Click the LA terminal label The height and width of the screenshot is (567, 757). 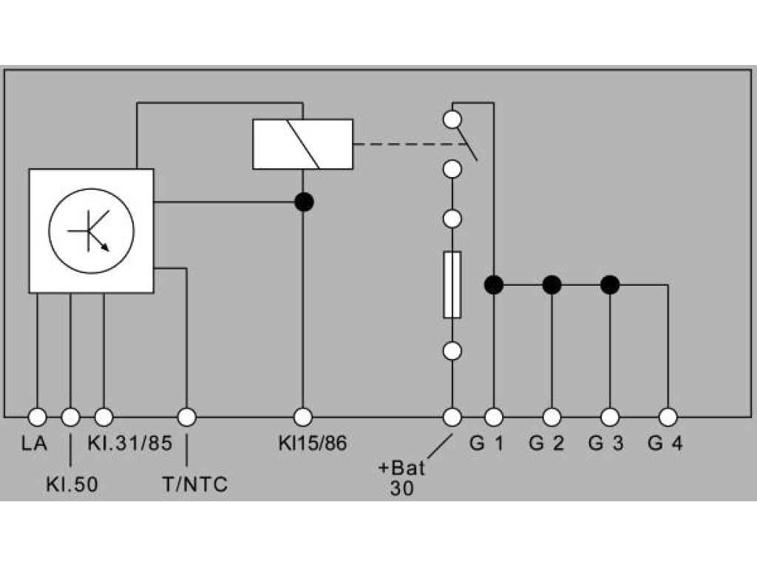coord(34,443)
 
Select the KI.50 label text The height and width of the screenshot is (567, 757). coord(72,484)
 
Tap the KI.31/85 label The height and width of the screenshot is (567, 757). coord(130,443)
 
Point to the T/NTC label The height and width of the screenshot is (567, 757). coord(195,484)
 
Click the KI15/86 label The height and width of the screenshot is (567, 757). coord(313,443)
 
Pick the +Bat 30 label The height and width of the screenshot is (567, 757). coord(401,478)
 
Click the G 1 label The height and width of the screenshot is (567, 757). coord(486,443)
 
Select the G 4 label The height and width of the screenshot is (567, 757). coord(665,443)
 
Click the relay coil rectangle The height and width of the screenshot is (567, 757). coord(302,144)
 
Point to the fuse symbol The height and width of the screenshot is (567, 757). coord(452,284)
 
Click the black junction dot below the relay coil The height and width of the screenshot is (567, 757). coord(304,202)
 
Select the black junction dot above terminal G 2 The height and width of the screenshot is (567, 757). coord(551,285)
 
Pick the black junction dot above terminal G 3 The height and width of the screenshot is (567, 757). coord(610,285)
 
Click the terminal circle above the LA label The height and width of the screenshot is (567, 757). coord(37,417)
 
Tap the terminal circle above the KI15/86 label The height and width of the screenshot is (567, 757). coord(302,417)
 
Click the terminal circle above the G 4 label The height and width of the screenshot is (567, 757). coord(668,417)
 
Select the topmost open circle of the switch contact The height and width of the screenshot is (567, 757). coord(452,119)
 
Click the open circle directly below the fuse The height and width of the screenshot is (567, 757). coord(452,351)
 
